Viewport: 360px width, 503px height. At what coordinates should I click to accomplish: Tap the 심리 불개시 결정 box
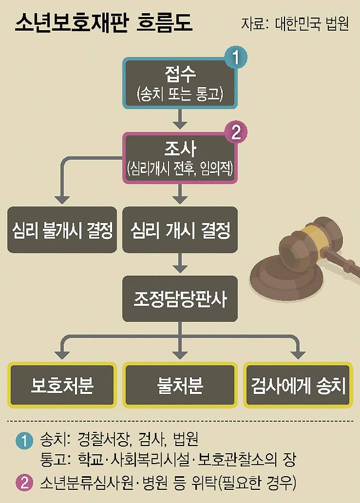tap(62, 230)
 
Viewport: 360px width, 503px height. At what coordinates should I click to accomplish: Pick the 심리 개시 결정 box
tap(180, 230)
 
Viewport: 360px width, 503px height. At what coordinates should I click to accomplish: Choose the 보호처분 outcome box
tap(62, 385)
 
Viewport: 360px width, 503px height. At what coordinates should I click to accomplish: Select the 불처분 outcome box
tap(180, 385)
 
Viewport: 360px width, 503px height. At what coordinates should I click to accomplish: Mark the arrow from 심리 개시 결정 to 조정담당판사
tap(180, 264)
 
